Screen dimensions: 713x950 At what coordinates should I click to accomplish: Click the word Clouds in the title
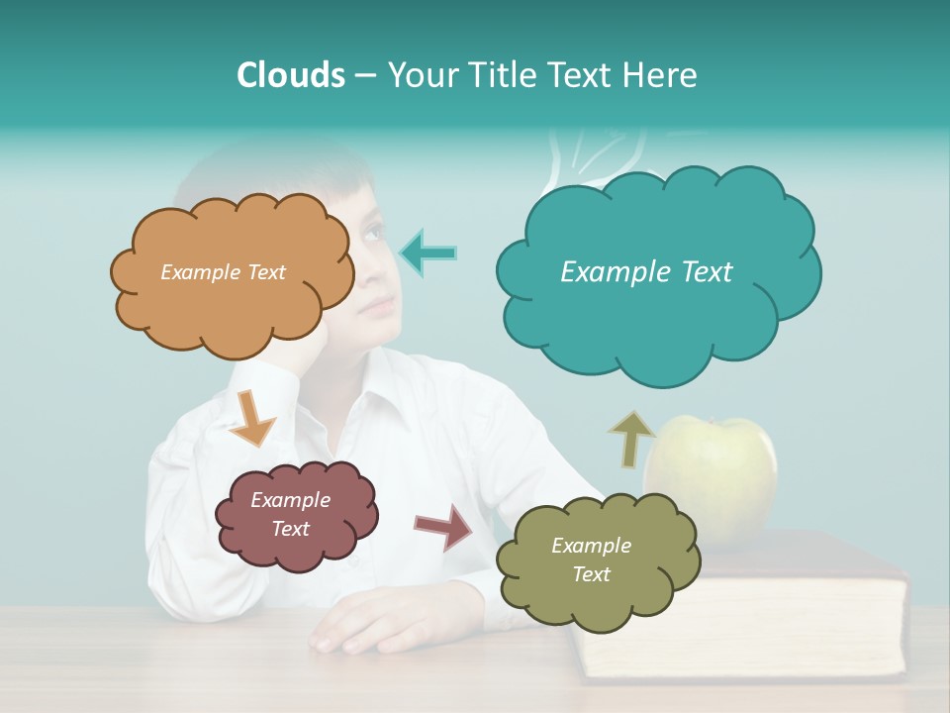click(x=290, y=75)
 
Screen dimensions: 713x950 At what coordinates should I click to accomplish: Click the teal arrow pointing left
click(x=428, y=253)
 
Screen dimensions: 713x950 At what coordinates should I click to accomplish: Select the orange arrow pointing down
click(x=251, y=417)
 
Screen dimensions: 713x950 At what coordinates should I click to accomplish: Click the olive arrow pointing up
click(x=631, y=438)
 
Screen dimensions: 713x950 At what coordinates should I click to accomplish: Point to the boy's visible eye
click(x=374, y=233)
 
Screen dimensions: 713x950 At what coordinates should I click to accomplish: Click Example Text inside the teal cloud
click(x=646, y=272)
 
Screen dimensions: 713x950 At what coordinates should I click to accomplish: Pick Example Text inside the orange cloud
click(x=223, y=272)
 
